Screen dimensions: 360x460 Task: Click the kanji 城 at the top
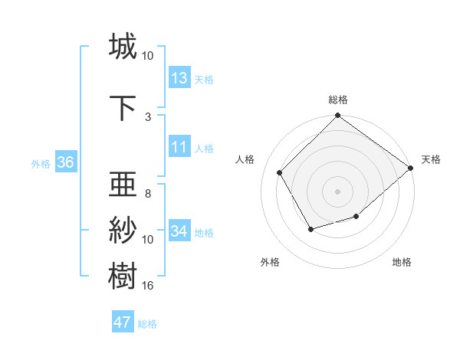click(x=123, y=47)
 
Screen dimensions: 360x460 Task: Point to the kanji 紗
click(x=123, y=230)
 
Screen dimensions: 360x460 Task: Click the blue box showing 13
click(x=179, y=77)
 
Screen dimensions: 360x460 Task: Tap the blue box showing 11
click(x=179, y=147)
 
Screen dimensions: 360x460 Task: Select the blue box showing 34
click(x=179, y=231)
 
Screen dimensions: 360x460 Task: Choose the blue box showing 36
click(x=65, y=162)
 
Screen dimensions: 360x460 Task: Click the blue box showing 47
click(x=123, y=322)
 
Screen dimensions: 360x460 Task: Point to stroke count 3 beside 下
click(x=148, y=116)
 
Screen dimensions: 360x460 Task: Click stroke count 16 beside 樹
click(x=148, y=286)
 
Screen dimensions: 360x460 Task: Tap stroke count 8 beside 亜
click(x=148, y=194)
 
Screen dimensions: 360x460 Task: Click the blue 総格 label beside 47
click(x=147, y=324)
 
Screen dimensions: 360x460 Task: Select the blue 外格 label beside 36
click(x=41, y=164)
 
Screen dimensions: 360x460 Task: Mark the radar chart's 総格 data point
click(x=337, y=116)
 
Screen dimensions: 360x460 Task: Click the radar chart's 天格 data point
click(x=410, y=168)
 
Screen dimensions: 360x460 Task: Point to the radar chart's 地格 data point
click(x=356, y=218)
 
